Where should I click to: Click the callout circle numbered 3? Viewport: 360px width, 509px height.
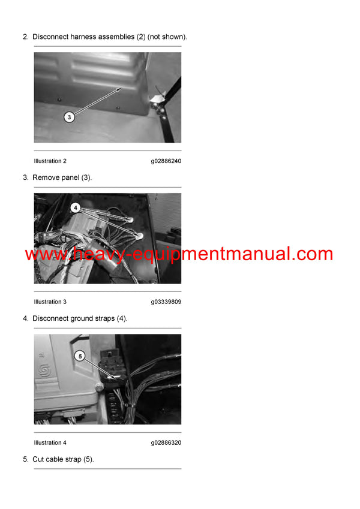tap(69, 117)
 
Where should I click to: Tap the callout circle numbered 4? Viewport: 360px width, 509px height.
tap(75, 207)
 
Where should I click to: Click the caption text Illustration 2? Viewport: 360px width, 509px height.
tap(50, 161)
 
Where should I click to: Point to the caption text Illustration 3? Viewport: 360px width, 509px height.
tap(50, 302)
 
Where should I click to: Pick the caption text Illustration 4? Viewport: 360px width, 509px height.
tap(50, 442)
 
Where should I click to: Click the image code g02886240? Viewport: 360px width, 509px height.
tap(166, 161)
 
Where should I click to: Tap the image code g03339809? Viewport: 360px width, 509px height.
tap(166, 302)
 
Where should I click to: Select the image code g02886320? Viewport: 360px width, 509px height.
tap(166, 442)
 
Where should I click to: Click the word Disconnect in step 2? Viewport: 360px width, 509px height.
tap(50, 37)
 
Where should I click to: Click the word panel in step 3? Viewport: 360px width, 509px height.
tap(69, 177)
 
